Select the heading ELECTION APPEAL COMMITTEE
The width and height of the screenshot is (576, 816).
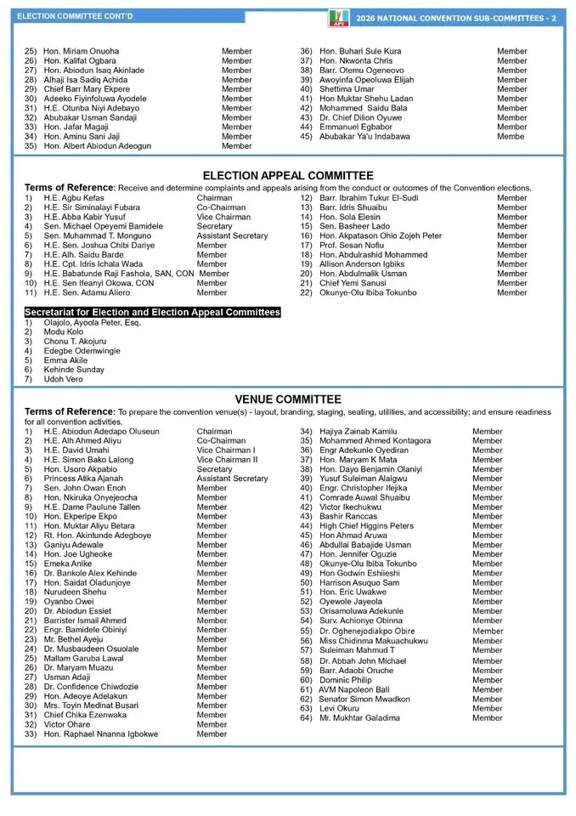click(x=288, y=176)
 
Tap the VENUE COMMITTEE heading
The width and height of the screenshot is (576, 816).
click(x=288, y=399)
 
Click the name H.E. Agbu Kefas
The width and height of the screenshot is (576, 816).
click(x=74, y=198)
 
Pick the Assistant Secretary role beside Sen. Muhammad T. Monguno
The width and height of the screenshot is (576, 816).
click(x=232, y=236)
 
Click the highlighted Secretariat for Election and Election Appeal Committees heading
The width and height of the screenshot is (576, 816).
click(x=152, y=313)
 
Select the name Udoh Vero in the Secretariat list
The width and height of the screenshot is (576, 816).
click(x=64, y=379)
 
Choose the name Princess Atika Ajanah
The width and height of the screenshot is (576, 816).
click(x=86, y=479)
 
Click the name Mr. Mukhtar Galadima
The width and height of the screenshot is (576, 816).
click(x=359, y=718)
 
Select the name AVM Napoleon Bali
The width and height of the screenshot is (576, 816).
click(x=354, y=689)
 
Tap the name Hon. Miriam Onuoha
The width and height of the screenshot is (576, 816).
click(x=82, y=51)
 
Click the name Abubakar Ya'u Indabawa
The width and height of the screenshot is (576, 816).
click(x=364, y=136)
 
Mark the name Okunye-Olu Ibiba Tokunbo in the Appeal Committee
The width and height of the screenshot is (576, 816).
click(x=368, y=292)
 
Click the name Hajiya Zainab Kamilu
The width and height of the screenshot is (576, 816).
click(x=358, y=432)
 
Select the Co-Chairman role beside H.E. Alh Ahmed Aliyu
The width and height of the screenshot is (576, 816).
click(x=221, y=441)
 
